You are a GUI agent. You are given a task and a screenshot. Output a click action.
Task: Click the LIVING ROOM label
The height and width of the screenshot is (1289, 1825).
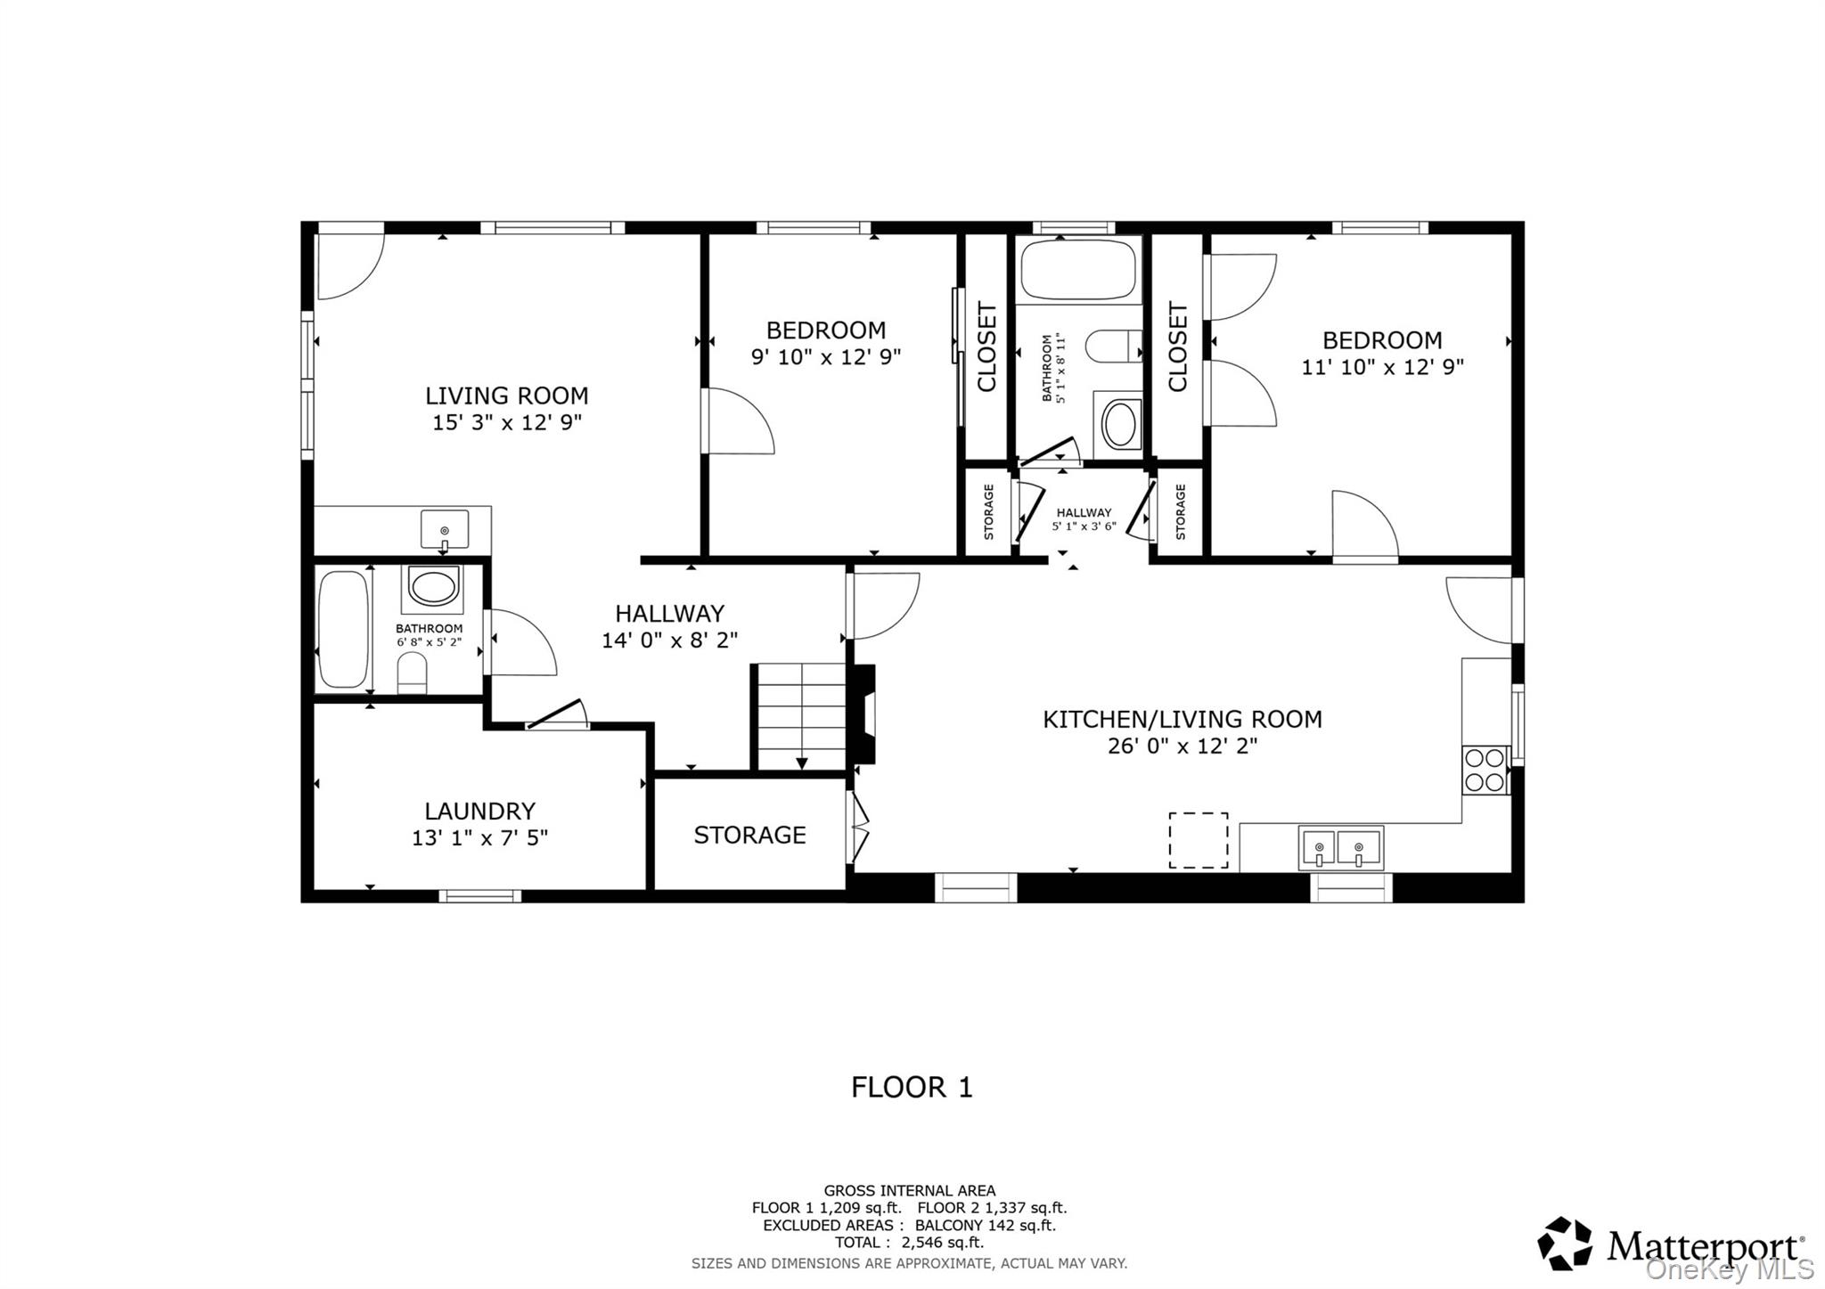506,396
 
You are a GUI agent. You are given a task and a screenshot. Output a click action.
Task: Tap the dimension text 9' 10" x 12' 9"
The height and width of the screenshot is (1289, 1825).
825,357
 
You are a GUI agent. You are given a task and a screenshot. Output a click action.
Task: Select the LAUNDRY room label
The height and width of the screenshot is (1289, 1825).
479,811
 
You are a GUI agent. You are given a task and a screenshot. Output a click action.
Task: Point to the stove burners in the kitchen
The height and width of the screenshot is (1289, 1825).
1485,771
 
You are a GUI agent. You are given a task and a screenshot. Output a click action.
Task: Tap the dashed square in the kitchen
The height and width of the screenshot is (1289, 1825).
1198,840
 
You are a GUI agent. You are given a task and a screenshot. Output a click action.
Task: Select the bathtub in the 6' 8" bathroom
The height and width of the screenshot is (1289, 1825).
343,630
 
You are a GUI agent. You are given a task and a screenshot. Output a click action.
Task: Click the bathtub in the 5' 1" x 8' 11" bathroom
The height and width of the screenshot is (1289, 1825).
1078,269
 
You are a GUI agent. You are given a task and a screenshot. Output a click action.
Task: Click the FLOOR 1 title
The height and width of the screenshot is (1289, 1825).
912,1087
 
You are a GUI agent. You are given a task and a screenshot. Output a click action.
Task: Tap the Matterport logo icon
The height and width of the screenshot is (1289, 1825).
1565,1244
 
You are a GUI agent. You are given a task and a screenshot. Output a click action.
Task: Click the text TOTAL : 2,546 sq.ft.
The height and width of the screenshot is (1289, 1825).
909,1242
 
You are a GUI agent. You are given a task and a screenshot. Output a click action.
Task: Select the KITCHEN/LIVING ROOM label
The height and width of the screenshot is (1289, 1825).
1182,719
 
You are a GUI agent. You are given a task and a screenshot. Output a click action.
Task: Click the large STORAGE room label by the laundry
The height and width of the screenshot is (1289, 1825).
749,835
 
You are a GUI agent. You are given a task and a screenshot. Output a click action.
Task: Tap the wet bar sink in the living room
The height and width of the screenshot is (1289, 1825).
444,529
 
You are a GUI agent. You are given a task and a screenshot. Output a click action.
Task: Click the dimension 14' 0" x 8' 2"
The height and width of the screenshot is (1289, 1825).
669,640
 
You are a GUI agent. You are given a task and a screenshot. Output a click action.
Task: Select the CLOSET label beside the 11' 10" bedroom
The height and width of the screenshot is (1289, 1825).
1177,347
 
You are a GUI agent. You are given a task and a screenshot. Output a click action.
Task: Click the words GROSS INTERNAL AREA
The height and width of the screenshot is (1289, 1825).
909,1190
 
